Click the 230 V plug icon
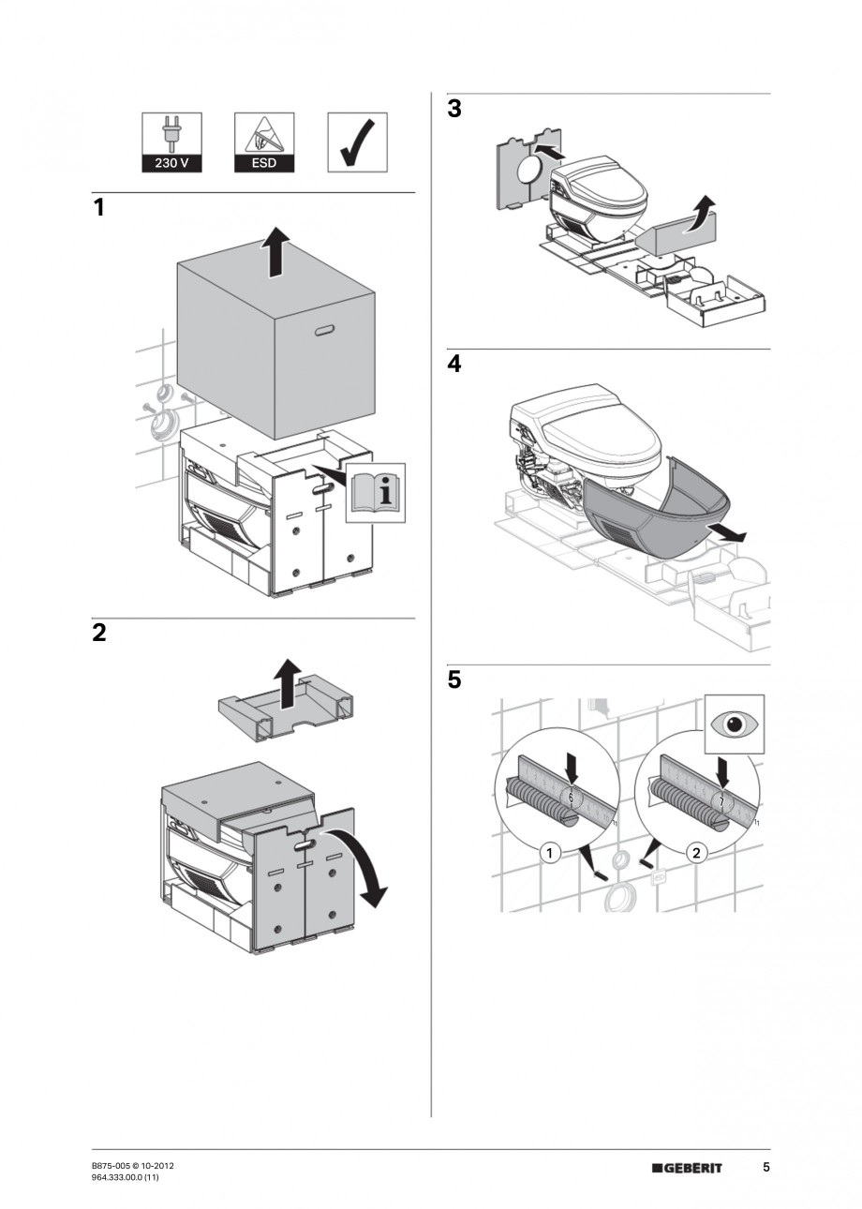[x=171, y=142]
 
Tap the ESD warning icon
[x=263, y=142]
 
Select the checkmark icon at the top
[x=357, y=142]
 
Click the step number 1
[x=99, y=209]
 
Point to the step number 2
[x=99, y=634]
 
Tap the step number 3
[x=454, y=110]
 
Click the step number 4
[x=454, y=365]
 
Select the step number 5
[x=454, y=680]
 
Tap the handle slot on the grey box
[x=325, y=330]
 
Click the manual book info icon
[x=376, y=492]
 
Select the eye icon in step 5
[x=735, y=724]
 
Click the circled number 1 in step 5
[x=552, y=853]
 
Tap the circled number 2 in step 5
[x=695, y=853]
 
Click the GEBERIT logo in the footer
[x=687, y=1168]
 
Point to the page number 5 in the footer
[x=765, y=1168]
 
